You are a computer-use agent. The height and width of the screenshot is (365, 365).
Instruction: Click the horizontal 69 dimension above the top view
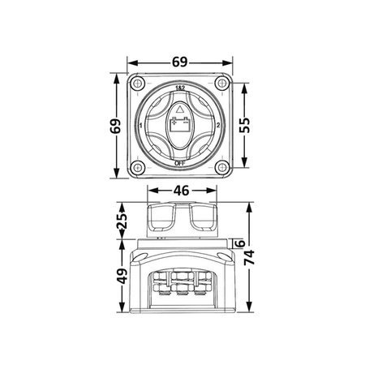(x=180, y=62)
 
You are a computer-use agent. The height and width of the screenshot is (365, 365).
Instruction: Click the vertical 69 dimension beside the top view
(x=116, y=126)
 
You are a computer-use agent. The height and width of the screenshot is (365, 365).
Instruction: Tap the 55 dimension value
(x=245, y=125)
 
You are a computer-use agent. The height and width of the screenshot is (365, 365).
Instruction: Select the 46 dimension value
(x=181, y=191)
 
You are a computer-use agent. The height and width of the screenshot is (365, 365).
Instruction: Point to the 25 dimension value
(x=122, y=221)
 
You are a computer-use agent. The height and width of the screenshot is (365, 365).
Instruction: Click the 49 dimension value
(x=122, y=276)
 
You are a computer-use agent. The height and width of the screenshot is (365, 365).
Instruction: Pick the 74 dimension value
(x=249, y=257)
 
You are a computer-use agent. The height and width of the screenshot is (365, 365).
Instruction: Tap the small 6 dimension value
(x=240, y=243)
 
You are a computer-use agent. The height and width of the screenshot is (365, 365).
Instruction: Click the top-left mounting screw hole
(x=138, y=83)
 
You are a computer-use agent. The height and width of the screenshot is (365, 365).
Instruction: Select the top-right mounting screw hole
(x=222, y=83)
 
